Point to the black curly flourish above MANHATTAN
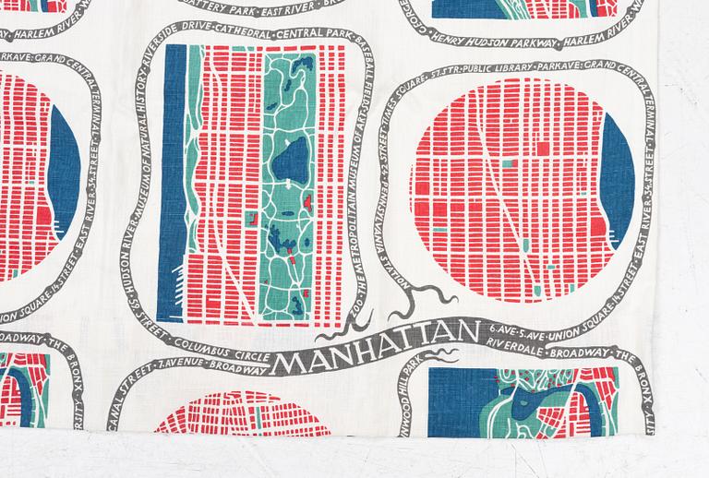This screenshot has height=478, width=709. click(x=425, y=300)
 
